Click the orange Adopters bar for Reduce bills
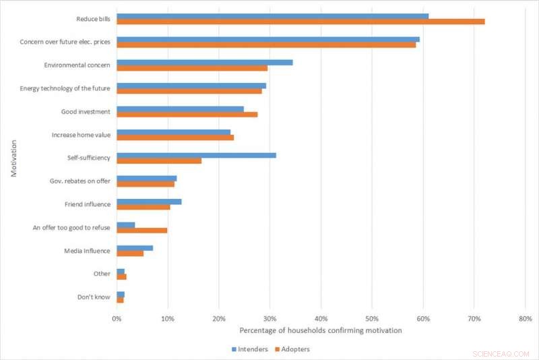click(300, 22)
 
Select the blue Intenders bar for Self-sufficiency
click(196, 155)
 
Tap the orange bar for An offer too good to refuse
click(142, 231)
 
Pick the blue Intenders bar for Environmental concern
click(205, 62)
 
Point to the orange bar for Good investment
click(187, 115)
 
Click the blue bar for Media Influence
click(135, 247)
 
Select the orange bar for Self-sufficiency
click(159, 160)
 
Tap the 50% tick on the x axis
click(372, 318)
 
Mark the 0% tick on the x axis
click(117, 318)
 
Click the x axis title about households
click(320, 330)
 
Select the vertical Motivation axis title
click(13, 158)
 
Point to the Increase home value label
click(81, 135)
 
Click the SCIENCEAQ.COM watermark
click(503, 353)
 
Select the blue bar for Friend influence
click(149, 201)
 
